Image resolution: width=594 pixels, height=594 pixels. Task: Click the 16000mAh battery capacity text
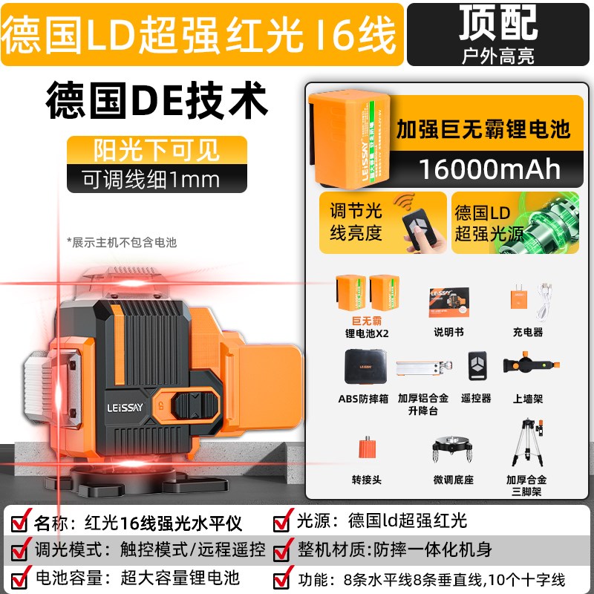[490, 168]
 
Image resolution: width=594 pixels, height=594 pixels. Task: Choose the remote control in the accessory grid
[476, 366]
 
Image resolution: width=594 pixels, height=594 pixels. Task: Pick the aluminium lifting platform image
[422, 369]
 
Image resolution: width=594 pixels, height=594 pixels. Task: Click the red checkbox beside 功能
[284, 578]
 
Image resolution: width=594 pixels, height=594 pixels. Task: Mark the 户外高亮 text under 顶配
[497, 55]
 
